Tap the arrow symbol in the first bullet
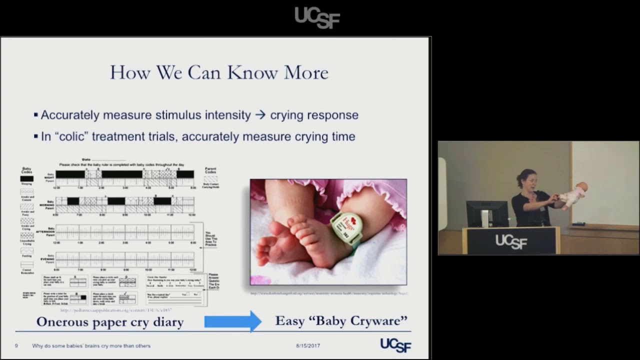coord(260,115)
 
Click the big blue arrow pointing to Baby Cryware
coord(233,321)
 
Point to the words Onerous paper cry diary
coord(110,322)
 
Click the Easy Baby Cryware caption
coord(341,320)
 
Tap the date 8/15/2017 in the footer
coord(307,346)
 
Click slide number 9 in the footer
coord(16,346)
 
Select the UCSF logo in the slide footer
coord(395,345)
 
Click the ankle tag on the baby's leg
coord(346,227)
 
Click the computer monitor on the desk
coord(486,213)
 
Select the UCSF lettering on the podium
coord(511,241)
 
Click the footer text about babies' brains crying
coord(91,346)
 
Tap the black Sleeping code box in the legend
coord(26,178)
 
